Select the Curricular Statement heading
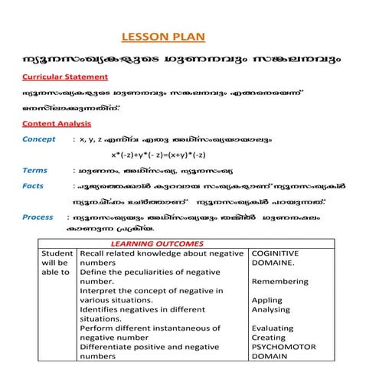[65, 77]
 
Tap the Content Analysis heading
[57, 123]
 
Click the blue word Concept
[39, 139]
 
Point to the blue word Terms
[35, 170]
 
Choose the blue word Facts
[33, 186]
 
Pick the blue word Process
[38, 217]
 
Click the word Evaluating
[273, 328]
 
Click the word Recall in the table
[92, 253]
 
